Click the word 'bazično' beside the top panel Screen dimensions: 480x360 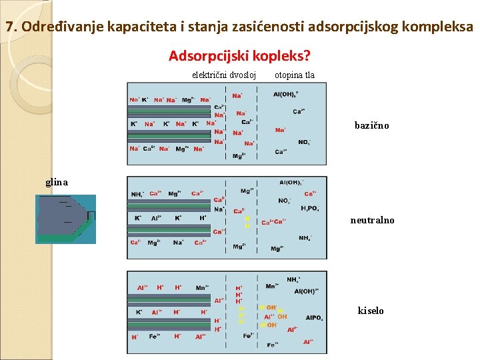tap(371, 125)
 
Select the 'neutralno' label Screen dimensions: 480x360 tap(372, 220)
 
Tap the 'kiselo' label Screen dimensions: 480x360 tap(371, 311)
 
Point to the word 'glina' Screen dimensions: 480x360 tap(57, 181)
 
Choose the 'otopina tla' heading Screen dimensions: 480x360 tap(294, 75)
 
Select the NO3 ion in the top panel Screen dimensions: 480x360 tap(304, 141)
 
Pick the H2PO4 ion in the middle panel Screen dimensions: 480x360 tap(309, 209)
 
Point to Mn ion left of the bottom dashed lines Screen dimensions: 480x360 tap(201, 287)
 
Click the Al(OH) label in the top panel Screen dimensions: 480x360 tap(286, 94)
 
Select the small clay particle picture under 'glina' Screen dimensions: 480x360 tap(67, 219)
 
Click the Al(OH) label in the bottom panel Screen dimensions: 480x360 tap(307, 291)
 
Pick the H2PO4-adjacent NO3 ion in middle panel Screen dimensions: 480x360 tap(284, 200)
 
